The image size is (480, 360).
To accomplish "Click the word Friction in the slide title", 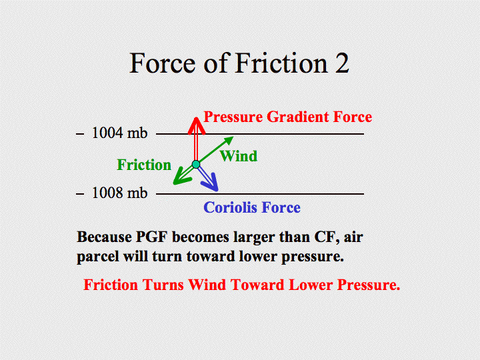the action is [281, 63].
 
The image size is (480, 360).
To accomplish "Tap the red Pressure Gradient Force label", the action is [288, 117].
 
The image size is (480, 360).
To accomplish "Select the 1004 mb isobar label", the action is [120, 133].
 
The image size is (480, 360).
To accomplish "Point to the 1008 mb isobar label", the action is [120, 193].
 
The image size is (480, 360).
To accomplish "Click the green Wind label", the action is [239, 156].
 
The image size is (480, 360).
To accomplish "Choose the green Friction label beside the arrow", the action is [144, 165].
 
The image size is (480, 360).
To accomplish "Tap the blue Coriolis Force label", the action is [252, 207].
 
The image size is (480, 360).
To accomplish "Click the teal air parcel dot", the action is [196, 165].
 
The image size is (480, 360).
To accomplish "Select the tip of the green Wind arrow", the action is [233, 137].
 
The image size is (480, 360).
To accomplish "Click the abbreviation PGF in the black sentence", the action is [151, 237].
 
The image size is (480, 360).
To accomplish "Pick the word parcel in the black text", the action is [97, 257].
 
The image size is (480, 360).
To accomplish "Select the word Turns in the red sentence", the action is [163, 285].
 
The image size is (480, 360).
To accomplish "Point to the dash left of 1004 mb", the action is [80, 134].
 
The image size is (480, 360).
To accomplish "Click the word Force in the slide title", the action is [163, 63].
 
